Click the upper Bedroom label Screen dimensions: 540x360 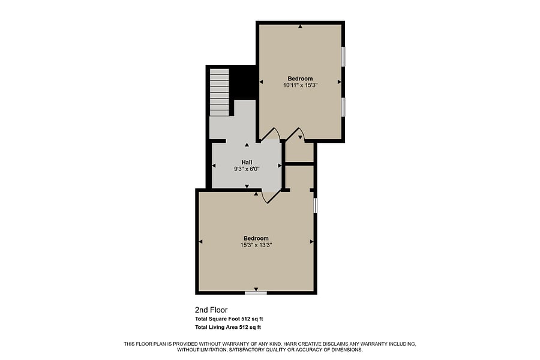click(x=300, y=79)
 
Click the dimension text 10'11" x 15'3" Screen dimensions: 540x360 click(x=300, y=85)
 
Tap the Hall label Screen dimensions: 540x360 click(x=247, y=162)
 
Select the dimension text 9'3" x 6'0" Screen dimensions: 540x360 click(x=247, y=169)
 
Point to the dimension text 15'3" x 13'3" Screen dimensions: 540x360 click(x=256, y=245)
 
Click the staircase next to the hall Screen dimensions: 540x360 click(x=220, y=92)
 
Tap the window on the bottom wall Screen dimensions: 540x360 click(x=256, y=293)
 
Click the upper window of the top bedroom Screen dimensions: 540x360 click(x=343, y=56)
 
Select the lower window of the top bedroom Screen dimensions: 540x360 click(x=343, y=107)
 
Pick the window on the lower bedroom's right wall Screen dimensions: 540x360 click(x=316, y=205)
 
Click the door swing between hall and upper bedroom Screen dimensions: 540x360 click(x=271, y=134)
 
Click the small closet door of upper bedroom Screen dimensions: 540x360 click(x=295, y=134)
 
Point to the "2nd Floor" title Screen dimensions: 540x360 click(x=211, y=310)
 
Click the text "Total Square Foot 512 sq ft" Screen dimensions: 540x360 click(x=229, y=319)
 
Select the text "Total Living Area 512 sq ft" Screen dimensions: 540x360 click(x=228, y=327)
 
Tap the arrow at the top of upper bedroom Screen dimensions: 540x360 click(x=301, y=26)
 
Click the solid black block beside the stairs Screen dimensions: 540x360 click(x=242, y=83)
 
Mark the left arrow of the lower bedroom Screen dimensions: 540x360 click(x=200, y=241)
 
